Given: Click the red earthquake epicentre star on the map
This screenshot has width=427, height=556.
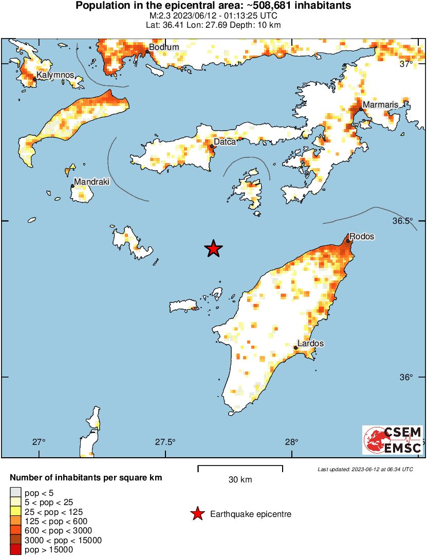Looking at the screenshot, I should [x=213, y=249].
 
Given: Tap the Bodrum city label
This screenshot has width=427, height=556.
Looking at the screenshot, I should [x=164, y=47].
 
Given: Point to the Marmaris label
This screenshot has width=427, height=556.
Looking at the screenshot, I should [x=380, y=105].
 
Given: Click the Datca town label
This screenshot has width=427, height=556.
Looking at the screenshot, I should [x=225, y=141].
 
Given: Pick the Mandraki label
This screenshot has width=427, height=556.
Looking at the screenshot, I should [x=91, y=182].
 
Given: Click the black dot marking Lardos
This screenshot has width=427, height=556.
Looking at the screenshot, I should [x=296, y=348].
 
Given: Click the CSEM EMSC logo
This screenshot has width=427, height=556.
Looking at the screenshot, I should [x=392, y=440].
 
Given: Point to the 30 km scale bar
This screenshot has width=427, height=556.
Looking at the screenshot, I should [x=240, y=468].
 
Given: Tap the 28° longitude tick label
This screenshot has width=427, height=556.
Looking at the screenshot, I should [x=292, y=442].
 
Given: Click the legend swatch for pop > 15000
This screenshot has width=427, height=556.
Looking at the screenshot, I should [x=16, y=550].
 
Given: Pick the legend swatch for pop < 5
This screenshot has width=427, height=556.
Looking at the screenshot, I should [x=16, y=493].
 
